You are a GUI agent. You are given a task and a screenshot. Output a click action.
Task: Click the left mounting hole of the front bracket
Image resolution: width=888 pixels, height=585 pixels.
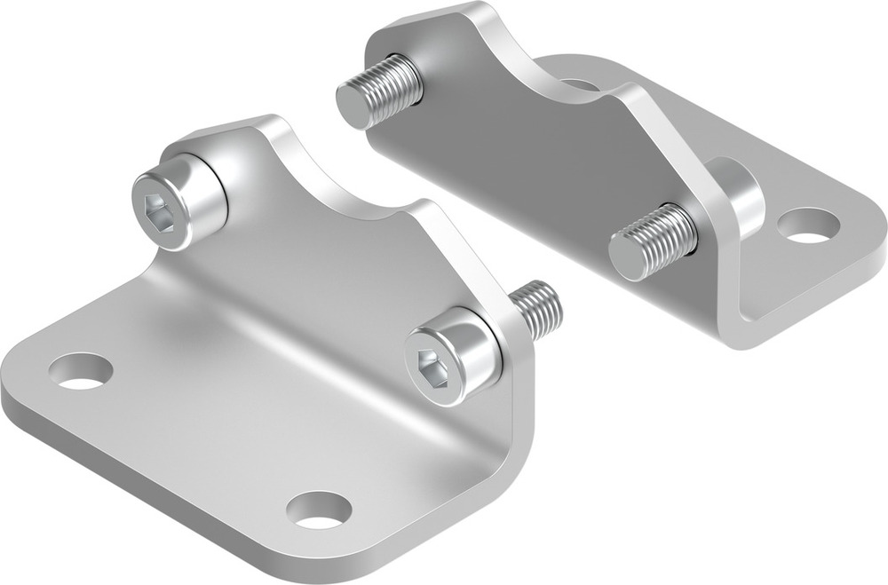[81, 371]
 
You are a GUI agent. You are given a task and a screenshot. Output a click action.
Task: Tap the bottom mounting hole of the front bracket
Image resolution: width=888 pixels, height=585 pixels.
[319, 509]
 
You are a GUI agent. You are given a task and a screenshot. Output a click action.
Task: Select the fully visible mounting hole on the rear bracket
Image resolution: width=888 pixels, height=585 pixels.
[808, 225]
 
